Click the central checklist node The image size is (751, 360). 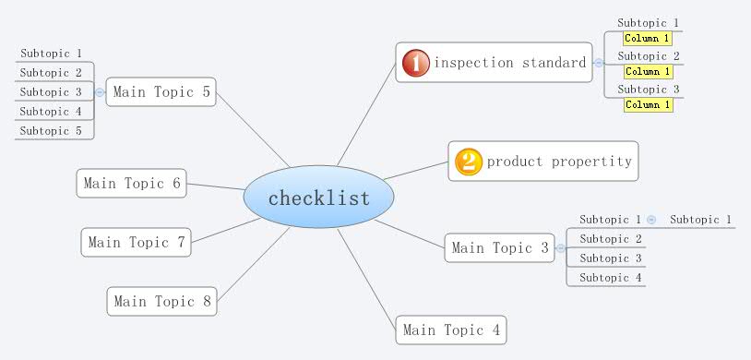[318, 198]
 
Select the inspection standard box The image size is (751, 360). [494, 63]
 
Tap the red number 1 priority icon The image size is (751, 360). [415, 63]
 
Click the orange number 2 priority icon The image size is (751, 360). [469, 162]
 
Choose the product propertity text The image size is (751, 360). [559, 162]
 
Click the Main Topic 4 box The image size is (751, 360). [451, 330]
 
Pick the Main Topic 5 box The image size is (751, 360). [161, 91]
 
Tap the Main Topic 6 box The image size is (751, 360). [131, 183]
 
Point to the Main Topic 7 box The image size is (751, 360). [137, 243]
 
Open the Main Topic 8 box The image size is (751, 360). [162, 302]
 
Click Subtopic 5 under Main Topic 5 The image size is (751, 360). [52, 131]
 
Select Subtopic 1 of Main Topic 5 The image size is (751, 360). [52, 54]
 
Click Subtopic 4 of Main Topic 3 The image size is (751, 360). [610, 278]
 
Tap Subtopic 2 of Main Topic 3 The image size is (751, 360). [610, 239]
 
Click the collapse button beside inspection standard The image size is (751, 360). [599, 63]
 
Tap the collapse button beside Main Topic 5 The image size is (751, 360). [100, 91]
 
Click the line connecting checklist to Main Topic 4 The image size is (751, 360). [368, 276]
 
